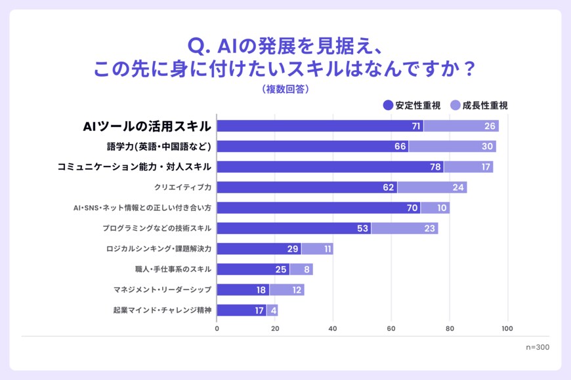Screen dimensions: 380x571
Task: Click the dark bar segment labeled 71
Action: [320, 126]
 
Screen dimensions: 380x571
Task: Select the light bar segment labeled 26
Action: [461, 126]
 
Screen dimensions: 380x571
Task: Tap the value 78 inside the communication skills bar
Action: [435, 167]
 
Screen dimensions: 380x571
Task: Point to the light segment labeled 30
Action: [452, 146]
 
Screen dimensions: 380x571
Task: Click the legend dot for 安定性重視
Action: [388, 105]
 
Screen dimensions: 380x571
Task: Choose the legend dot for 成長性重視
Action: [455, 105]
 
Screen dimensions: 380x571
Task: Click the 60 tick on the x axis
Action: [391, 329]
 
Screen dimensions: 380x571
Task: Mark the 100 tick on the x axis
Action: [507, 329]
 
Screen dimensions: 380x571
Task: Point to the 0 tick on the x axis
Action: [217, 329]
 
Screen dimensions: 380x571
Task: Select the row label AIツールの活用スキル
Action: [147, 126]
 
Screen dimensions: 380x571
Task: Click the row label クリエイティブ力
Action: [182, 187]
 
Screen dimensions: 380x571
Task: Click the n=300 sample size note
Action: [538, 347]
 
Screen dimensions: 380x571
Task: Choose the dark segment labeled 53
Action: [294, 228]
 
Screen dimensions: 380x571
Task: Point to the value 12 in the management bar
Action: [286, 290]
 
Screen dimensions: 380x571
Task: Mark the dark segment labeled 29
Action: [259, 249]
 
